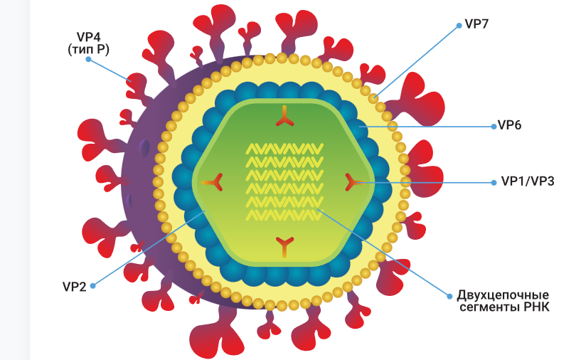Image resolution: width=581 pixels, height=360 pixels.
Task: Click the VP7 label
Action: click(x=476, y=23)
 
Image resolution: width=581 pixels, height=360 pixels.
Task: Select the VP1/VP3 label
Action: click(x=527, y=182)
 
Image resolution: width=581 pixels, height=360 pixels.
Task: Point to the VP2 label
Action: click(x=74, y=287)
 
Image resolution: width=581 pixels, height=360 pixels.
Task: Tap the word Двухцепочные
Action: click(x=508, y=295)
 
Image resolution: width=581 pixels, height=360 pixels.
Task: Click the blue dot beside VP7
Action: click(x=459, y=24)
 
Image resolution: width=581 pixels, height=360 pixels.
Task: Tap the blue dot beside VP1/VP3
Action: click(x=494, y=183)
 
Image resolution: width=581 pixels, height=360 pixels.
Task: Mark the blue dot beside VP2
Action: click(x=93, y=287)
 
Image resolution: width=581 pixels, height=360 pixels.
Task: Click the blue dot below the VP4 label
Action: click(x=89, y=60)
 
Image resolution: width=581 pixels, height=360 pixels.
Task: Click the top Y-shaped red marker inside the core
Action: click(x=284, y=117)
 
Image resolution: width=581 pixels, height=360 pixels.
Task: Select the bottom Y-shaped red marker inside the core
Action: click(x=284, y=246)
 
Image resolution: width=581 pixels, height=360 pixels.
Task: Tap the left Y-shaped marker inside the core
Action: click(x=212, y=183)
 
